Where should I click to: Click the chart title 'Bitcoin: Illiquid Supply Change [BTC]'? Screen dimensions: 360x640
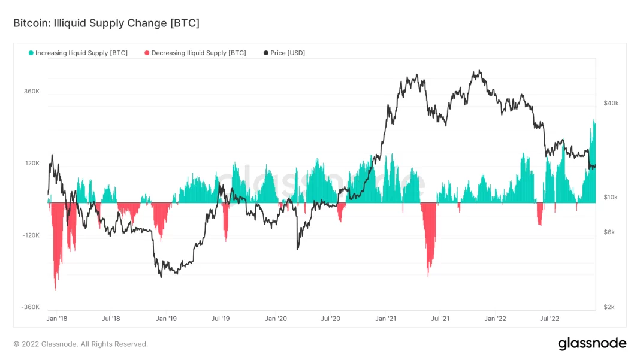(106, 23)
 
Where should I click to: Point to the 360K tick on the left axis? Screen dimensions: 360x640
(32, 92)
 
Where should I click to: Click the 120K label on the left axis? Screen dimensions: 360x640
(32, 164)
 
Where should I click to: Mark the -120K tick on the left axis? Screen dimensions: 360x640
(31, 235)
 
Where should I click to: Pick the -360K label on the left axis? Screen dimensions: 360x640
(31, 307)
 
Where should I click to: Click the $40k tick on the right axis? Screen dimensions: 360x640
(611, 104)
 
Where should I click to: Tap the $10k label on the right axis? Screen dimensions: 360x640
(611, 198)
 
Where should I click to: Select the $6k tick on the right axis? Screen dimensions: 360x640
(609, 232)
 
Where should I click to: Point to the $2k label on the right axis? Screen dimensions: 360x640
(609, 307)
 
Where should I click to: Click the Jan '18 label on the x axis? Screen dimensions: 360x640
(57, 319)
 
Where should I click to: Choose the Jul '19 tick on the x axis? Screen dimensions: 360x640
(221, 319)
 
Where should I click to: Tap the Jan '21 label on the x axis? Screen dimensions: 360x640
(386, 319)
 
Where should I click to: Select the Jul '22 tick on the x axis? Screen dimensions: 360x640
(550, 319)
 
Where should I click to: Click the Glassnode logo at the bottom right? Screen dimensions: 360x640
(592, 344)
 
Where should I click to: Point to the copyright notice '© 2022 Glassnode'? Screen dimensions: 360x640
(80, 344)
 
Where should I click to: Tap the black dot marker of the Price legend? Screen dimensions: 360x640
(266, 53)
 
